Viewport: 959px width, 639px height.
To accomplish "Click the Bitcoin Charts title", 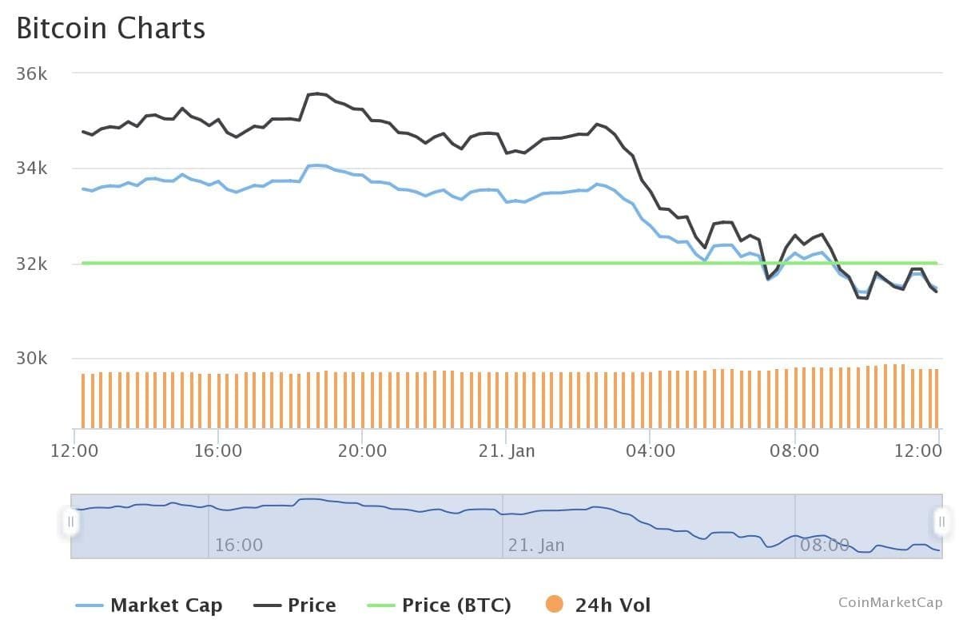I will coord(111,28).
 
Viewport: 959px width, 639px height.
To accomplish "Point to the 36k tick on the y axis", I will coord(32,73).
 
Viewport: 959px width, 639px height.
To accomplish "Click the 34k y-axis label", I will coord(32,169).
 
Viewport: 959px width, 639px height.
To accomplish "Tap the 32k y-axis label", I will coord(32,264).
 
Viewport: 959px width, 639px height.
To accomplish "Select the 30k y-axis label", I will coord(32,359).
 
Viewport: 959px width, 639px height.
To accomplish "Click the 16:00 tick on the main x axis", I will coord(218,450).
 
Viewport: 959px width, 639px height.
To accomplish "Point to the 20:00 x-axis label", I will coord(362,450).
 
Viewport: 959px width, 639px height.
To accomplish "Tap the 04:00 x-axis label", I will coord(650,450).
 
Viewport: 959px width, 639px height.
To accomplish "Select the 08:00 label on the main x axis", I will coord(794,450).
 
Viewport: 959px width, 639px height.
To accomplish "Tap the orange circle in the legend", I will coord(554,605).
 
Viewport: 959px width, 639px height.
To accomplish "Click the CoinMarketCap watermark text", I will coord(890,602).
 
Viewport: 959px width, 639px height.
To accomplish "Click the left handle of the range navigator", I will coord(70,522).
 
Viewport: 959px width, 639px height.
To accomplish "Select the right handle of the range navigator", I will coord(941,522).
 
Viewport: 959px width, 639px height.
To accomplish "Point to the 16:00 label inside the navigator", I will coord(238,546).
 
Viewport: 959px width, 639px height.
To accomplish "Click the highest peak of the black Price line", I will coord(317,93).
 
